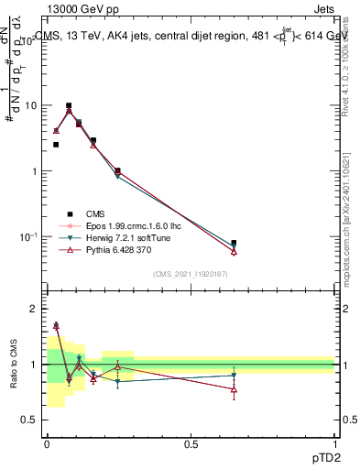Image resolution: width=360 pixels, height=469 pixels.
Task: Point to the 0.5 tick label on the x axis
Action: pyautogui.click(x=191, y=444)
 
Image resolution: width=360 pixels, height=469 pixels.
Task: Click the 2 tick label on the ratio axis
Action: pyautogui.click(x=33, y=310)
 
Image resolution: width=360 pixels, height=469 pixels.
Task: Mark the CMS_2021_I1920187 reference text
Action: pyautogui.click(x=191, y=274)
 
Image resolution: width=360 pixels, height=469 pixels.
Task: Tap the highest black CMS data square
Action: pyautogui.click(x=69, y=105)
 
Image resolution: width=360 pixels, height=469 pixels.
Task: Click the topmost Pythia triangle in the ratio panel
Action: pyautogui.click(x=56, y=325)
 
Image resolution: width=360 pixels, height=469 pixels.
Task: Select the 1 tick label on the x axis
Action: pyautogui.click(x=335, y=444)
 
